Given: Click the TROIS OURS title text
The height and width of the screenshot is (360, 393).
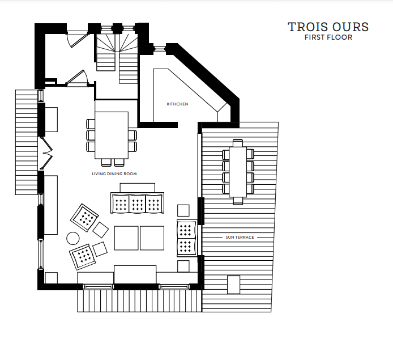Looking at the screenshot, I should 328,27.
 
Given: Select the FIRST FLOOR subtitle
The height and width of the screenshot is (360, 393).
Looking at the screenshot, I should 328,38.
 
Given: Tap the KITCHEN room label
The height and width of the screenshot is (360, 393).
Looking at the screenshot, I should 177,104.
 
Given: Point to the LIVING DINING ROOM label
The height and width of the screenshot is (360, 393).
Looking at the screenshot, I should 114,173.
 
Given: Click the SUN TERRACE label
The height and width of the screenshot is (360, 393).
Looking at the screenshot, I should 240,236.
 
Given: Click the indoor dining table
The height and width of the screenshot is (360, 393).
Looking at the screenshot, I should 112,135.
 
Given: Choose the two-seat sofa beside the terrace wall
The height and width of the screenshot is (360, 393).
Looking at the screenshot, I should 186,238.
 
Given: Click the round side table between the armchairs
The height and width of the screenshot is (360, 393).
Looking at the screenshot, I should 73,238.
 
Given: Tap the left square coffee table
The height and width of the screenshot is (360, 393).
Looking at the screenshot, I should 126,238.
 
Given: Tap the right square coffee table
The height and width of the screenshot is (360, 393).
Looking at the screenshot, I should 152,238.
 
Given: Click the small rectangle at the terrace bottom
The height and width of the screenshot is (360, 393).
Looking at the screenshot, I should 233,283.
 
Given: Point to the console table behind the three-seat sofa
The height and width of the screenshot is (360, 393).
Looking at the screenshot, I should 137,188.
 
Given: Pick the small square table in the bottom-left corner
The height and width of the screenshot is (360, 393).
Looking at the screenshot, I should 51,278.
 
